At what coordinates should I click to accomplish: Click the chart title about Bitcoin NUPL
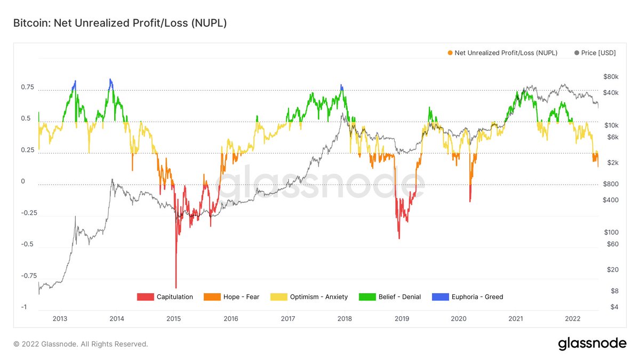pos(120,23)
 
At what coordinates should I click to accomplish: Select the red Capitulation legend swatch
pos(145,297)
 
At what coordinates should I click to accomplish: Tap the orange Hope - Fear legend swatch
pos(212,297)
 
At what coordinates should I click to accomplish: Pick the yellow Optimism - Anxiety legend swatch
pos(279,297)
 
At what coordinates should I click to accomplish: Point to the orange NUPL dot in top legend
pos(451,53)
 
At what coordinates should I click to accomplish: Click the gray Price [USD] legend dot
pos(577,53)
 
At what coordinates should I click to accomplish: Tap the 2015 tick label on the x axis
pos(174,318)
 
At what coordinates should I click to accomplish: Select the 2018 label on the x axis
pos(345,318)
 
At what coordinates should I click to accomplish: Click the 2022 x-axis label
pos(572,318)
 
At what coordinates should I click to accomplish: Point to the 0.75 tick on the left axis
pos(27,87)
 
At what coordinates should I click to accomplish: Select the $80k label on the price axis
pos(611,77)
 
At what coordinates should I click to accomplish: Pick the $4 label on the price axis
pos(614,307)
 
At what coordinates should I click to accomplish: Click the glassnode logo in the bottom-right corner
pos(592,344)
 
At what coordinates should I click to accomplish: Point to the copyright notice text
pos(81,344)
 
